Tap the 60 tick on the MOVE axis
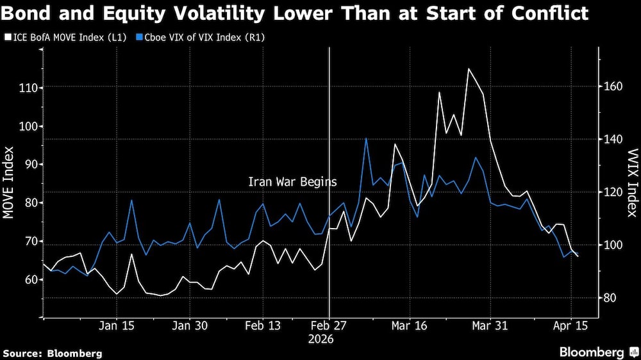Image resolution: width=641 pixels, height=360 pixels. coord(30,280)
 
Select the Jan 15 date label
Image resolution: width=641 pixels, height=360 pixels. coord(118,325)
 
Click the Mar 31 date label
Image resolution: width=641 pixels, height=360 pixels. coord(490,325)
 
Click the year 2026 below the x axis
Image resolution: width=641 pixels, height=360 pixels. coord(321,339)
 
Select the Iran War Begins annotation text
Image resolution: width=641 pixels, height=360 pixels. coord(292,182)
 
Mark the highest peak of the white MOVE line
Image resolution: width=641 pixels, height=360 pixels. coord(469,69)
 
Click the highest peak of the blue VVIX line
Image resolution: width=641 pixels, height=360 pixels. coord(366,138)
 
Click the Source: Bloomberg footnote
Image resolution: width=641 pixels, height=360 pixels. coord(53,353)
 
